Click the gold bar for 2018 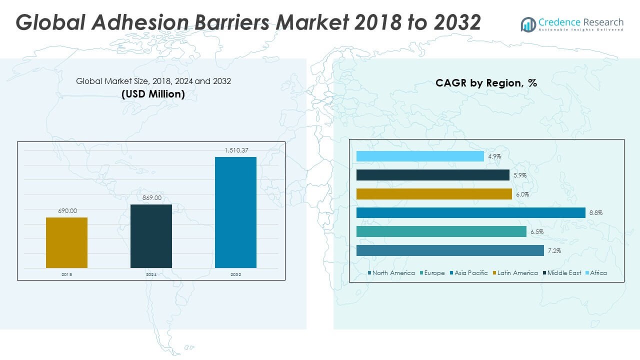pos(66,242)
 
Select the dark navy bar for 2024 pos(151,236)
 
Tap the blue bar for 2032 pos(235,212)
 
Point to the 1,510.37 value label pos(235,150)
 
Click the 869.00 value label pos(151,198)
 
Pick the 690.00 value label pos(66,211)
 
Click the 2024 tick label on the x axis pos(151,274)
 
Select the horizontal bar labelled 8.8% pos(470,213)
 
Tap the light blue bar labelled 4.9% pos(420,156)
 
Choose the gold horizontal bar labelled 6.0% pos(434,194)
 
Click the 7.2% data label pos(554,251)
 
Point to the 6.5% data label pos(537,232)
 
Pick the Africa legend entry pos(598,273)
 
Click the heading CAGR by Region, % pos(486,83)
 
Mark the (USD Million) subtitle pos(153,94)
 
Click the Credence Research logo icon pos(528,24)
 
